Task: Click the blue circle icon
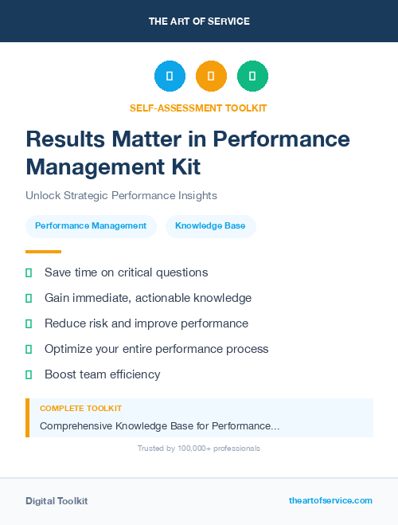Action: click(170, 76)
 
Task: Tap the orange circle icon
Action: click(211, 76)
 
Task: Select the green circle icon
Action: click(252, 76)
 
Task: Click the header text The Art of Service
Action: click(199, 22)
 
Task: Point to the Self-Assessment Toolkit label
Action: click(198, 108)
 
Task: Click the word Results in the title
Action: click(65, 139)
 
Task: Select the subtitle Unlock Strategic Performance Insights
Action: click(121, 195)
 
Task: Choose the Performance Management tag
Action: click(91, 226)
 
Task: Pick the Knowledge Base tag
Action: click(210, 226)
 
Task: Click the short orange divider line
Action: click(43, 252)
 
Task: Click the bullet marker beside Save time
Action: click(29, 272)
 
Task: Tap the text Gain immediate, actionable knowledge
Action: click(148, 298)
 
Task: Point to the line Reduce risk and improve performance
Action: click(146, 323)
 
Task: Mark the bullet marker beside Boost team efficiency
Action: click(29, 374)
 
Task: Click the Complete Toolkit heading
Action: click(80, 409)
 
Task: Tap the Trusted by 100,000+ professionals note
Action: click(199, 449)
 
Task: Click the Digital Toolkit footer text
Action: click(57, 501)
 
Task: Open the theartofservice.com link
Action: click(330, 500)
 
